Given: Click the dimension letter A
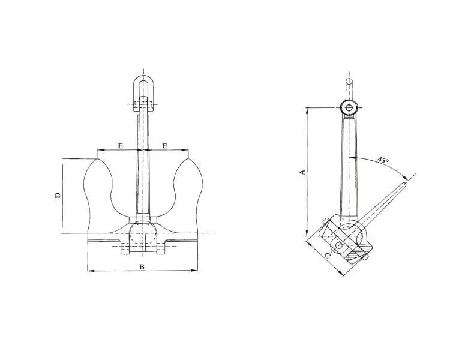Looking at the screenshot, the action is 302,172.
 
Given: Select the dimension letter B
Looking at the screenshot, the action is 142,266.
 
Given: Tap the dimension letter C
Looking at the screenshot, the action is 328,256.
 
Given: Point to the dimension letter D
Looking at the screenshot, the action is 58,196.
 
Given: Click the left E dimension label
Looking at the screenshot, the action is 120,146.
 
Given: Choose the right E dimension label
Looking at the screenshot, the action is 165,146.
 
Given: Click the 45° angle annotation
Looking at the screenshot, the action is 383,160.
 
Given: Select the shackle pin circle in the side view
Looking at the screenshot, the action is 349,108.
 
